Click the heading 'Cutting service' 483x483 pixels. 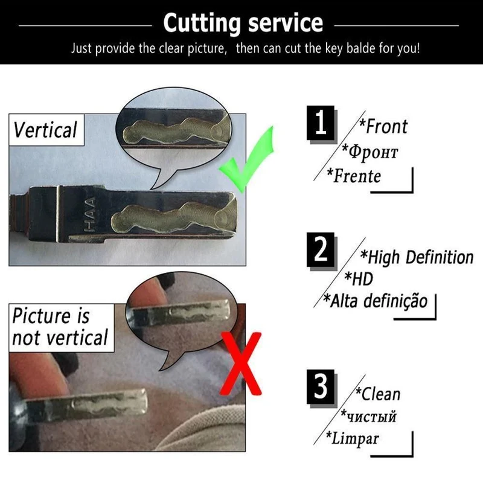coord(243,23)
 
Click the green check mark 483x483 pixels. coord(246,159)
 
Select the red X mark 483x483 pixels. coord(241,363)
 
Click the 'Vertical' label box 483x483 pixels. coord(46,130)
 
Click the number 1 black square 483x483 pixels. coord(321,123)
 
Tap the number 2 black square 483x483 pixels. coord(321,249)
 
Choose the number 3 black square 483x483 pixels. coord(321,386)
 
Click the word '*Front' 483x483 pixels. coord(383,126)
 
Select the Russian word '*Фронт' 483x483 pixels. coord(370,152)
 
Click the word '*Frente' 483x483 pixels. coord(354,176)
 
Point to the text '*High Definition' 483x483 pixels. coord(417,257)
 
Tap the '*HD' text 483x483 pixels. coord(359,278)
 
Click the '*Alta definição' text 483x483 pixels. coord(376,301)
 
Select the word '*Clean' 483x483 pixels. coord(378,394)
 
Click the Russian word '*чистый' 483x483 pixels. coord(368,416)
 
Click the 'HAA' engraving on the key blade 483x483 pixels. coord(90,215)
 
